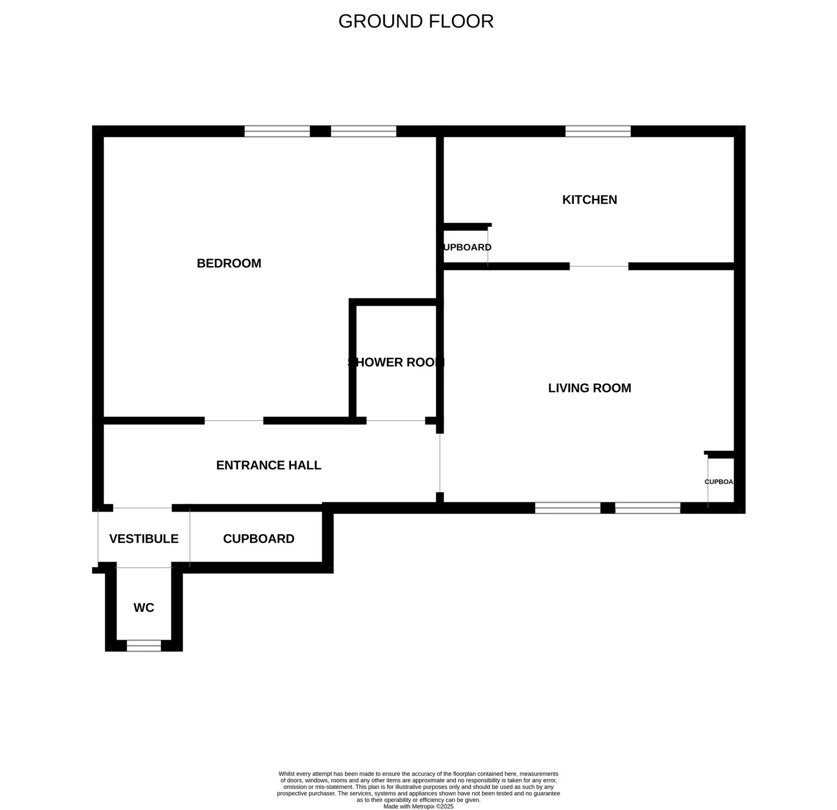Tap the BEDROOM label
(x=229, y=263)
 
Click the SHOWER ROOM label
(x=396, y=362)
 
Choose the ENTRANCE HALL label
(x=269, y=465)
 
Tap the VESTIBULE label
(x=144, y=539)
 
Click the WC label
(x=144, y=607)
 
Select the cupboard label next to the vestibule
(x=259, y=539)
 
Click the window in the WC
(x=144, y=646)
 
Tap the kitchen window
(x=598, y=131)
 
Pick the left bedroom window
(x=277, y=131)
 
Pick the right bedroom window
(x=363, y=131)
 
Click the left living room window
(x=568, y=508)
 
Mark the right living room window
(x=647, y=508)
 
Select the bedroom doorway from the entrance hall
(x=234, y=421)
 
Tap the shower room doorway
(x=396, y=421)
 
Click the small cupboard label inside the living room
(x=719, y=481)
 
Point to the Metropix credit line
(x=418, y=807)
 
